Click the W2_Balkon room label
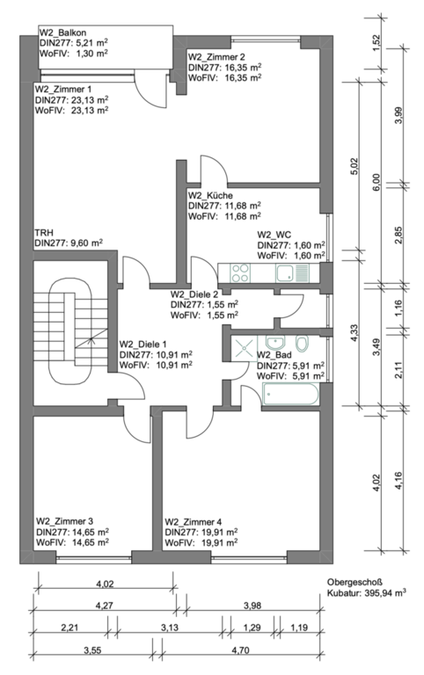(x=63, y=33)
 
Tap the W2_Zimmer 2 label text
(x=216, y=57)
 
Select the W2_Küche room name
(x=211, y=195)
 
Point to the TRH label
(x=42, y=233)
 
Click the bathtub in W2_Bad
(x=290, y=395)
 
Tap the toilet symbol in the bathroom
(x=303, y=343)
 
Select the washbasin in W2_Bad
(x=274, y=343)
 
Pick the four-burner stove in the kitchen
(x=240, y=273)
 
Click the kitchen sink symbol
(x=293, y=273)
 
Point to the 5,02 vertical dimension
(x=355, y=167)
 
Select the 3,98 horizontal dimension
(x=252, y=606)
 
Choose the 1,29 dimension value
(x=252, y=628)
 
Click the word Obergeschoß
(x=348, y=582)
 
